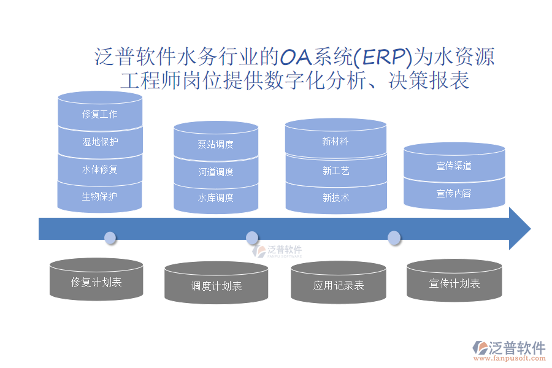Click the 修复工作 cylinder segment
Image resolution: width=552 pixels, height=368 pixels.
(100, 114)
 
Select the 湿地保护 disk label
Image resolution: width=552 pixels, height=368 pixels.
(100, 142)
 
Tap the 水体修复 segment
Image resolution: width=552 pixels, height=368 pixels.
(100, 169)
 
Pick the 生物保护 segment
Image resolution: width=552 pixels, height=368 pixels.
(100, 196)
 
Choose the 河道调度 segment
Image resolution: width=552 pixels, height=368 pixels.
(216, 172)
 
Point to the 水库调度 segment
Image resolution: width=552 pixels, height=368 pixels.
(216, 198)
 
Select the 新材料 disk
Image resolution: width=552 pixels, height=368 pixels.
(335, 142)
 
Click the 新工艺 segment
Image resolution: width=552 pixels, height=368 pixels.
(335, 171)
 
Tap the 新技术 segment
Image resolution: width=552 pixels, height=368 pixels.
(335, 197)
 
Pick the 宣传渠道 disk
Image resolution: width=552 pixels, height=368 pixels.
(454, 166)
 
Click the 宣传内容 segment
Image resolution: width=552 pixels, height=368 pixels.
(454, 194)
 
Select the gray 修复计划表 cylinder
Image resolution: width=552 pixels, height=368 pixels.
(96, 282)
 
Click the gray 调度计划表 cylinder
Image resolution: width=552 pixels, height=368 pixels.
(216, 286)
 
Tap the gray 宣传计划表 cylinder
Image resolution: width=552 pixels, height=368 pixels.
(454, 283)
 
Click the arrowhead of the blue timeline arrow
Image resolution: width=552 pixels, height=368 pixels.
(519, 228)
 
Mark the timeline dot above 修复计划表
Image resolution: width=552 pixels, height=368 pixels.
(110, 237)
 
